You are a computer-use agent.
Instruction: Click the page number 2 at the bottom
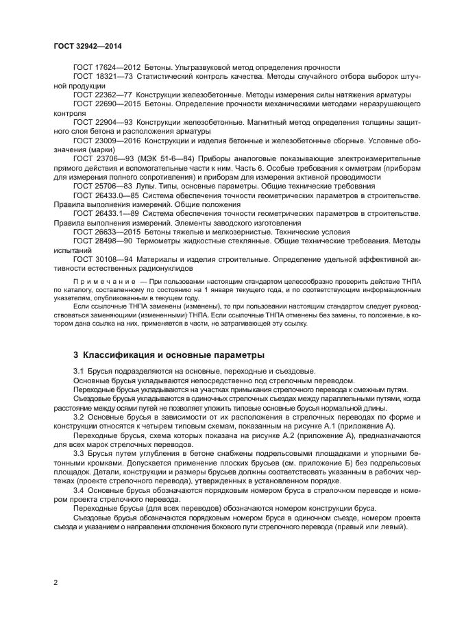click(56, 582)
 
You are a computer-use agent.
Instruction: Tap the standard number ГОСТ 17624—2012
click(107, 67)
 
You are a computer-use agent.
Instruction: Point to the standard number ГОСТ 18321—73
click(102, 78)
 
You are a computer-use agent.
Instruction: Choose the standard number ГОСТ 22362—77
click(102, 95)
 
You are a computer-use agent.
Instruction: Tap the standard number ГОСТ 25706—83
click(102, 185)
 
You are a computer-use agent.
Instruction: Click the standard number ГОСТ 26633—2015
click(107, 231)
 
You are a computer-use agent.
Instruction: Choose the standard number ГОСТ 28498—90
click(102, 241)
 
